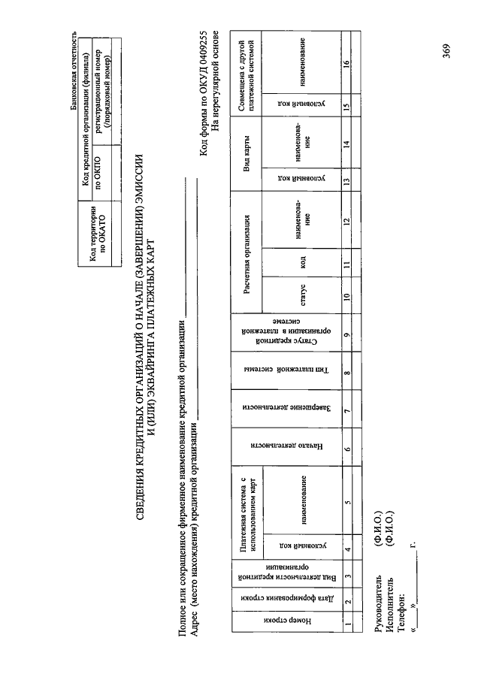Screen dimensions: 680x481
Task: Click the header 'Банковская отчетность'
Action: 73,71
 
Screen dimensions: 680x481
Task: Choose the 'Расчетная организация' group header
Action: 245,241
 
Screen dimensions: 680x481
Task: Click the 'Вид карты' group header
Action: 245,161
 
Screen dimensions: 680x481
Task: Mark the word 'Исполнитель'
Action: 388,604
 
